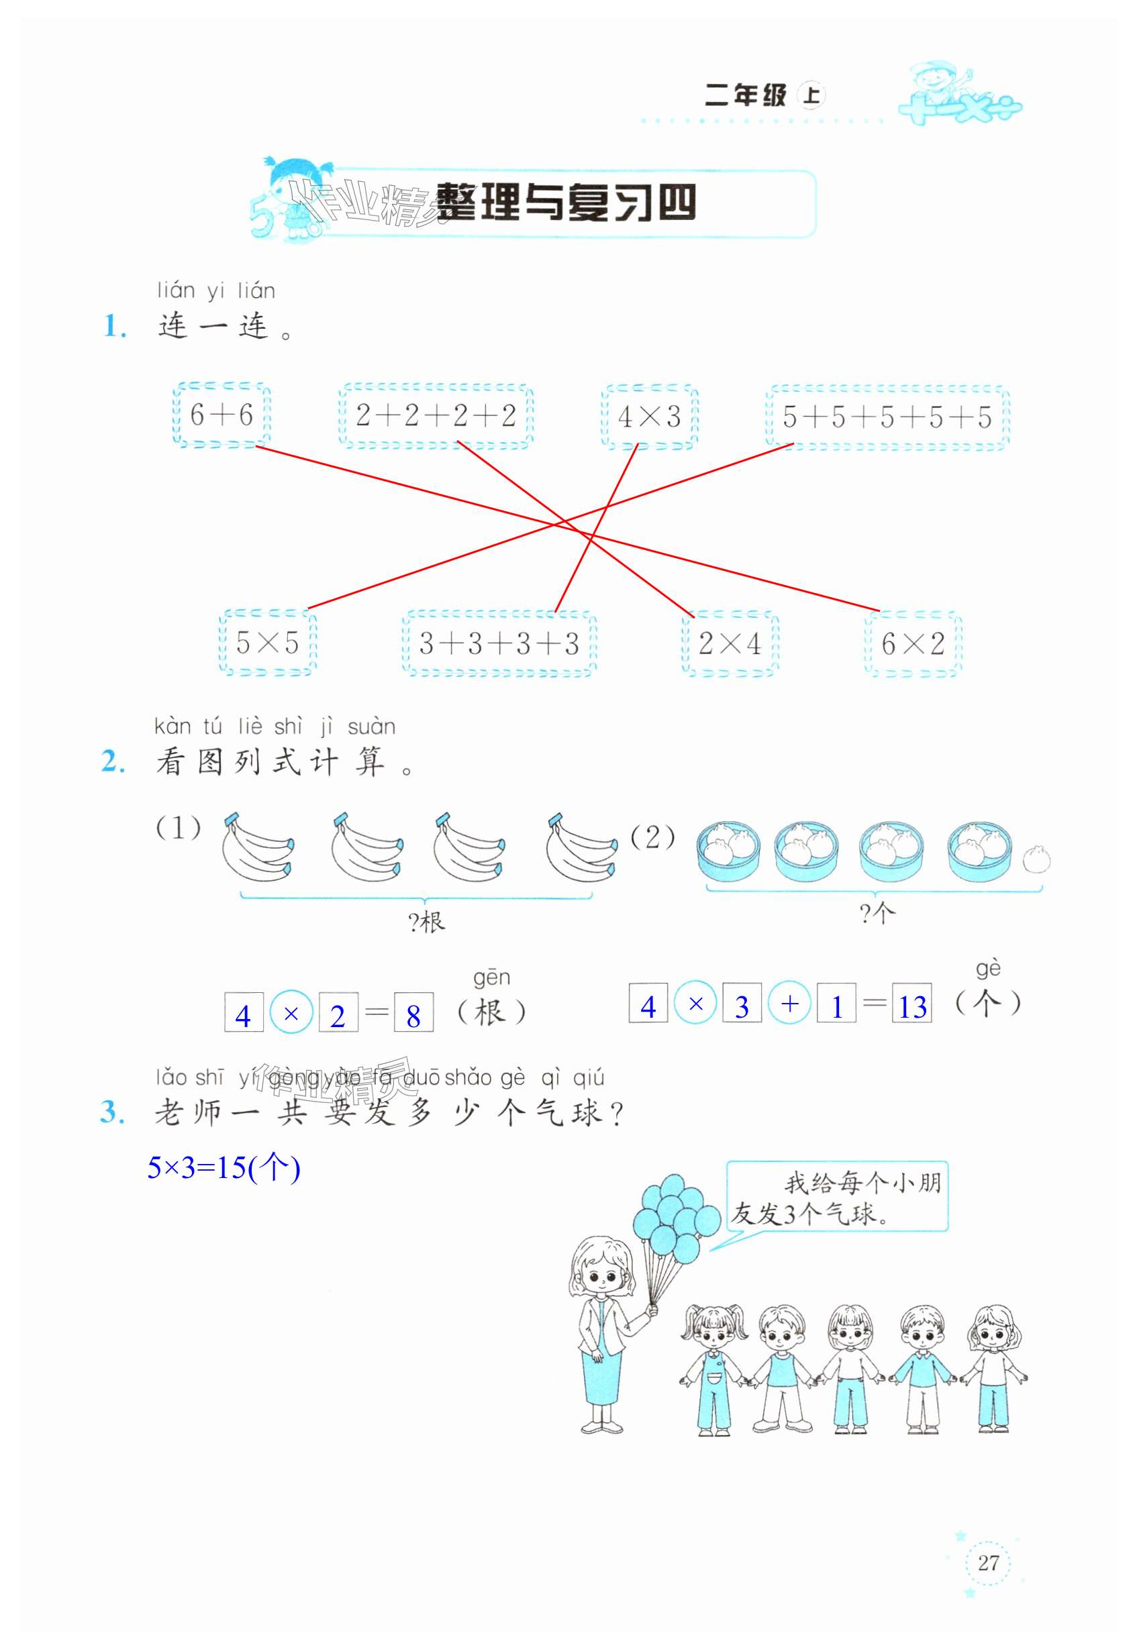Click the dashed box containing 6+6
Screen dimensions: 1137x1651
(x=221, y=415)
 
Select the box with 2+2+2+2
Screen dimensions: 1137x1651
(x=436, y=416)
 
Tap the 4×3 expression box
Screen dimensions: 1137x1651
(x=650, y=417)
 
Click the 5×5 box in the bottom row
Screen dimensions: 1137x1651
(x=267, y=643)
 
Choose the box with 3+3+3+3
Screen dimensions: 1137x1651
(x=499, y=643)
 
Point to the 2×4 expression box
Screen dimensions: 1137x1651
(x=730, y=643)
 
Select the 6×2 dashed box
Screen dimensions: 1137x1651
(x=913, y=643)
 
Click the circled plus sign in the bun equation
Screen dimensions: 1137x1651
(x=789, y=1004)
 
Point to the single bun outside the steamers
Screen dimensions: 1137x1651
(x=1036, y=860)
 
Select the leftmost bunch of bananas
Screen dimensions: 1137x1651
(x=256, y=848)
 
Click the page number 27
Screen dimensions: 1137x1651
(x=988, y=1562)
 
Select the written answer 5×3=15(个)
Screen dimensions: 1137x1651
(x=224, y=1168)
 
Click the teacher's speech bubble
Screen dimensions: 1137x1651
(x=838, y=1197)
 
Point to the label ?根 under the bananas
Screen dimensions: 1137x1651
(x=427, y=922)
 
